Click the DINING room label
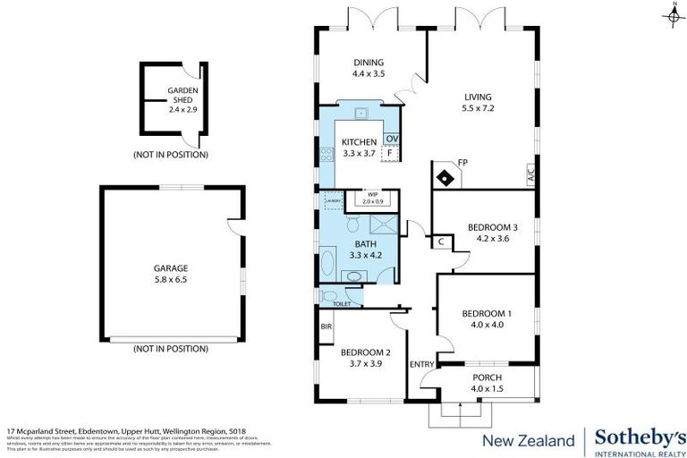point(369,62)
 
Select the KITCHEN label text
point(359,141)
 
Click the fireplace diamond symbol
point(444,176)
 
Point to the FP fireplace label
point(462,163)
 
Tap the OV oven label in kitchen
point(391,139)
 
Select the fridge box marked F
point(390,153)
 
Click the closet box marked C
point(441,242)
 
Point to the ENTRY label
point(420,364)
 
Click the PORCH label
point(488,377)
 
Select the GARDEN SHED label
point(170,96)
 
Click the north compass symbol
point(672,15)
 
